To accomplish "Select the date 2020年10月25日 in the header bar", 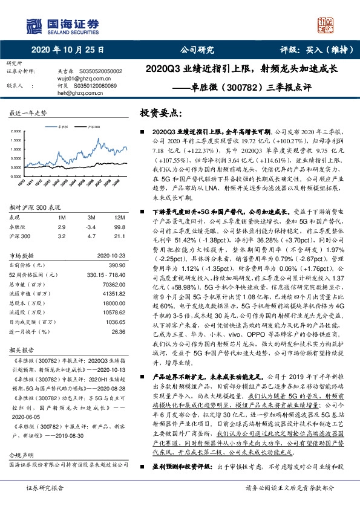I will pos(68,50).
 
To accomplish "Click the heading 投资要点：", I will pos(161,112).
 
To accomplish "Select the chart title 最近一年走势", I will pos(28,114).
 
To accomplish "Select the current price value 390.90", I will pos(116,265).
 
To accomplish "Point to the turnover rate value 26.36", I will pos(119,331).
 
